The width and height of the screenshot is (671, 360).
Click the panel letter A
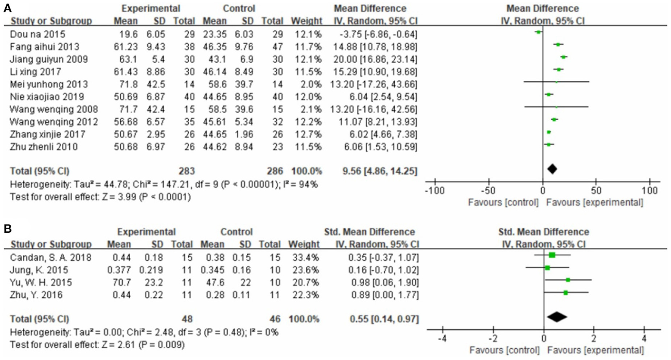click(x=8, y=8)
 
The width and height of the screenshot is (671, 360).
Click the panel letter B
click(x=8, y=229)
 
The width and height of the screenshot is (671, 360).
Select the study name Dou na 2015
click(x=37, y=34)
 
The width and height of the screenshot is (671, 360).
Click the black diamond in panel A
click(x=552, y=169)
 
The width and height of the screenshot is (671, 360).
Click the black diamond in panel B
click(x=557, y=317)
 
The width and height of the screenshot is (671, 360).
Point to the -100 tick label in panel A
click(x=434, y=190)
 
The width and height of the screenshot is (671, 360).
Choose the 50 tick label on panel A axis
click(x=596, y=190)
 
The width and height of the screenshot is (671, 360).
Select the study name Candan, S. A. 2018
click(x=51, y=258)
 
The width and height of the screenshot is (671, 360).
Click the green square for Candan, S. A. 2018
click(x=552, y=255)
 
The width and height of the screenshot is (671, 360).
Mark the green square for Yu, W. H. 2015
click(x=568, y=280)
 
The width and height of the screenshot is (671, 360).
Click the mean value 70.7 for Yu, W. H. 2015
click(x=122, y=282)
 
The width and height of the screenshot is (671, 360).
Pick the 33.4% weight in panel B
click(x=306, y=258)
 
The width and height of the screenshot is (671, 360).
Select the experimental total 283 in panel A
click(x=187, y=171)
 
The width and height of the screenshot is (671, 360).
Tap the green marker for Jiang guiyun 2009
click(x=564, y=57)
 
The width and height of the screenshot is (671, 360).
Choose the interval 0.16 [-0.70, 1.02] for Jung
click(x=383, y=270)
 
